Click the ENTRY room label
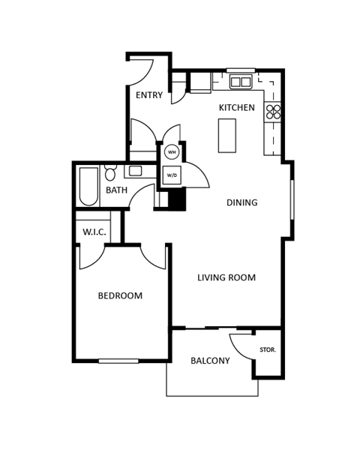pos(149,95)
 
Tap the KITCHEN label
pos(236,108)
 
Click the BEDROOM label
pos(120,296)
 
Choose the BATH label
pos(116,190)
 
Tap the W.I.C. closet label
pos(94,232)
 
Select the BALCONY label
pos(210,361)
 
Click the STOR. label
pos(268,350)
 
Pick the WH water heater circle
pos(172,152)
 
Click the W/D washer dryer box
pos(172,175)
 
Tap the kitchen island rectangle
pos(227,136)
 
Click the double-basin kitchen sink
pos(241,81)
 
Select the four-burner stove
pos(274,112)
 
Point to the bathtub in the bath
pos(88,186)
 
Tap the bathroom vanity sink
pos(135,171)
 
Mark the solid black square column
pos(177,199)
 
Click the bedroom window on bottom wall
pos(118,361)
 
